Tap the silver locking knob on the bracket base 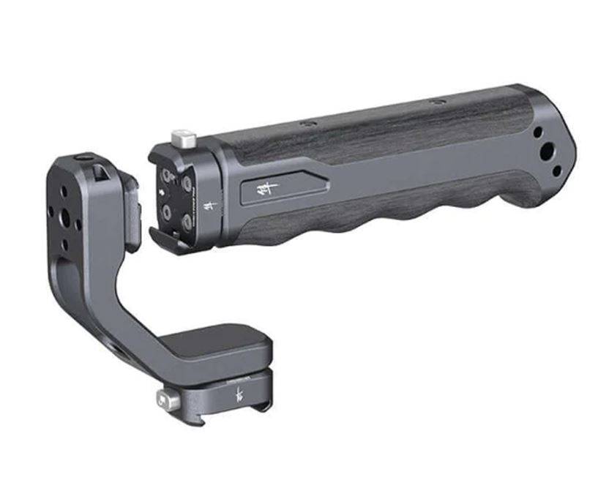tap(166, 400)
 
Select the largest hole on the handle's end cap tap(547, 154)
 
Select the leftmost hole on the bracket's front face tap(52, 213)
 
